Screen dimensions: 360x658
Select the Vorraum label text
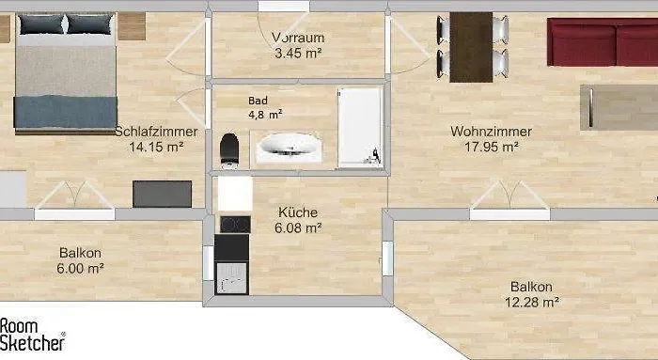[298, 39]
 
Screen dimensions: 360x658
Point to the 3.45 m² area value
[298, 54]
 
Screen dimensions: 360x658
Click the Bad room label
[258, 101]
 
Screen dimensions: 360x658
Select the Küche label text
[298, 212]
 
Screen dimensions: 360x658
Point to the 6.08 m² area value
[298, 227]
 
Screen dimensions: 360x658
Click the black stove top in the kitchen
[233, 224]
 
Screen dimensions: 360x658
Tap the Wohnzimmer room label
[491, 132]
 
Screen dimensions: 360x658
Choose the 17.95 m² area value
[491, 147]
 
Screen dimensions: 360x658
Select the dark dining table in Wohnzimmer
[471, 43]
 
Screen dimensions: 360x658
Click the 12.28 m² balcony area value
[531, 302]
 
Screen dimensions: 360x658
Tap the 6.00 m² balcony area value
[80, 268]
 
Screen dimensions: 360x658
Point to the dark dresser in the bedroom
[162, 194]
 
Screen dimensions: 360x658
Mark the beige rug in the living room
[620, 106]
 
